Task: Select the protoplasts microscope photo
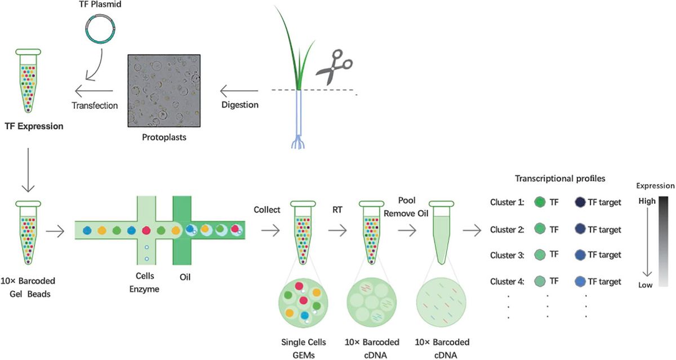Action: [164, 90]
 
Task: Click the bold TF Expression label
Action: [33, 126]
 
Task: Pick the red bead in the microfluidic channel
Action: [146, 230]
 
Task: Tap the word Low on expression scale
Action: [646, 285]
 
